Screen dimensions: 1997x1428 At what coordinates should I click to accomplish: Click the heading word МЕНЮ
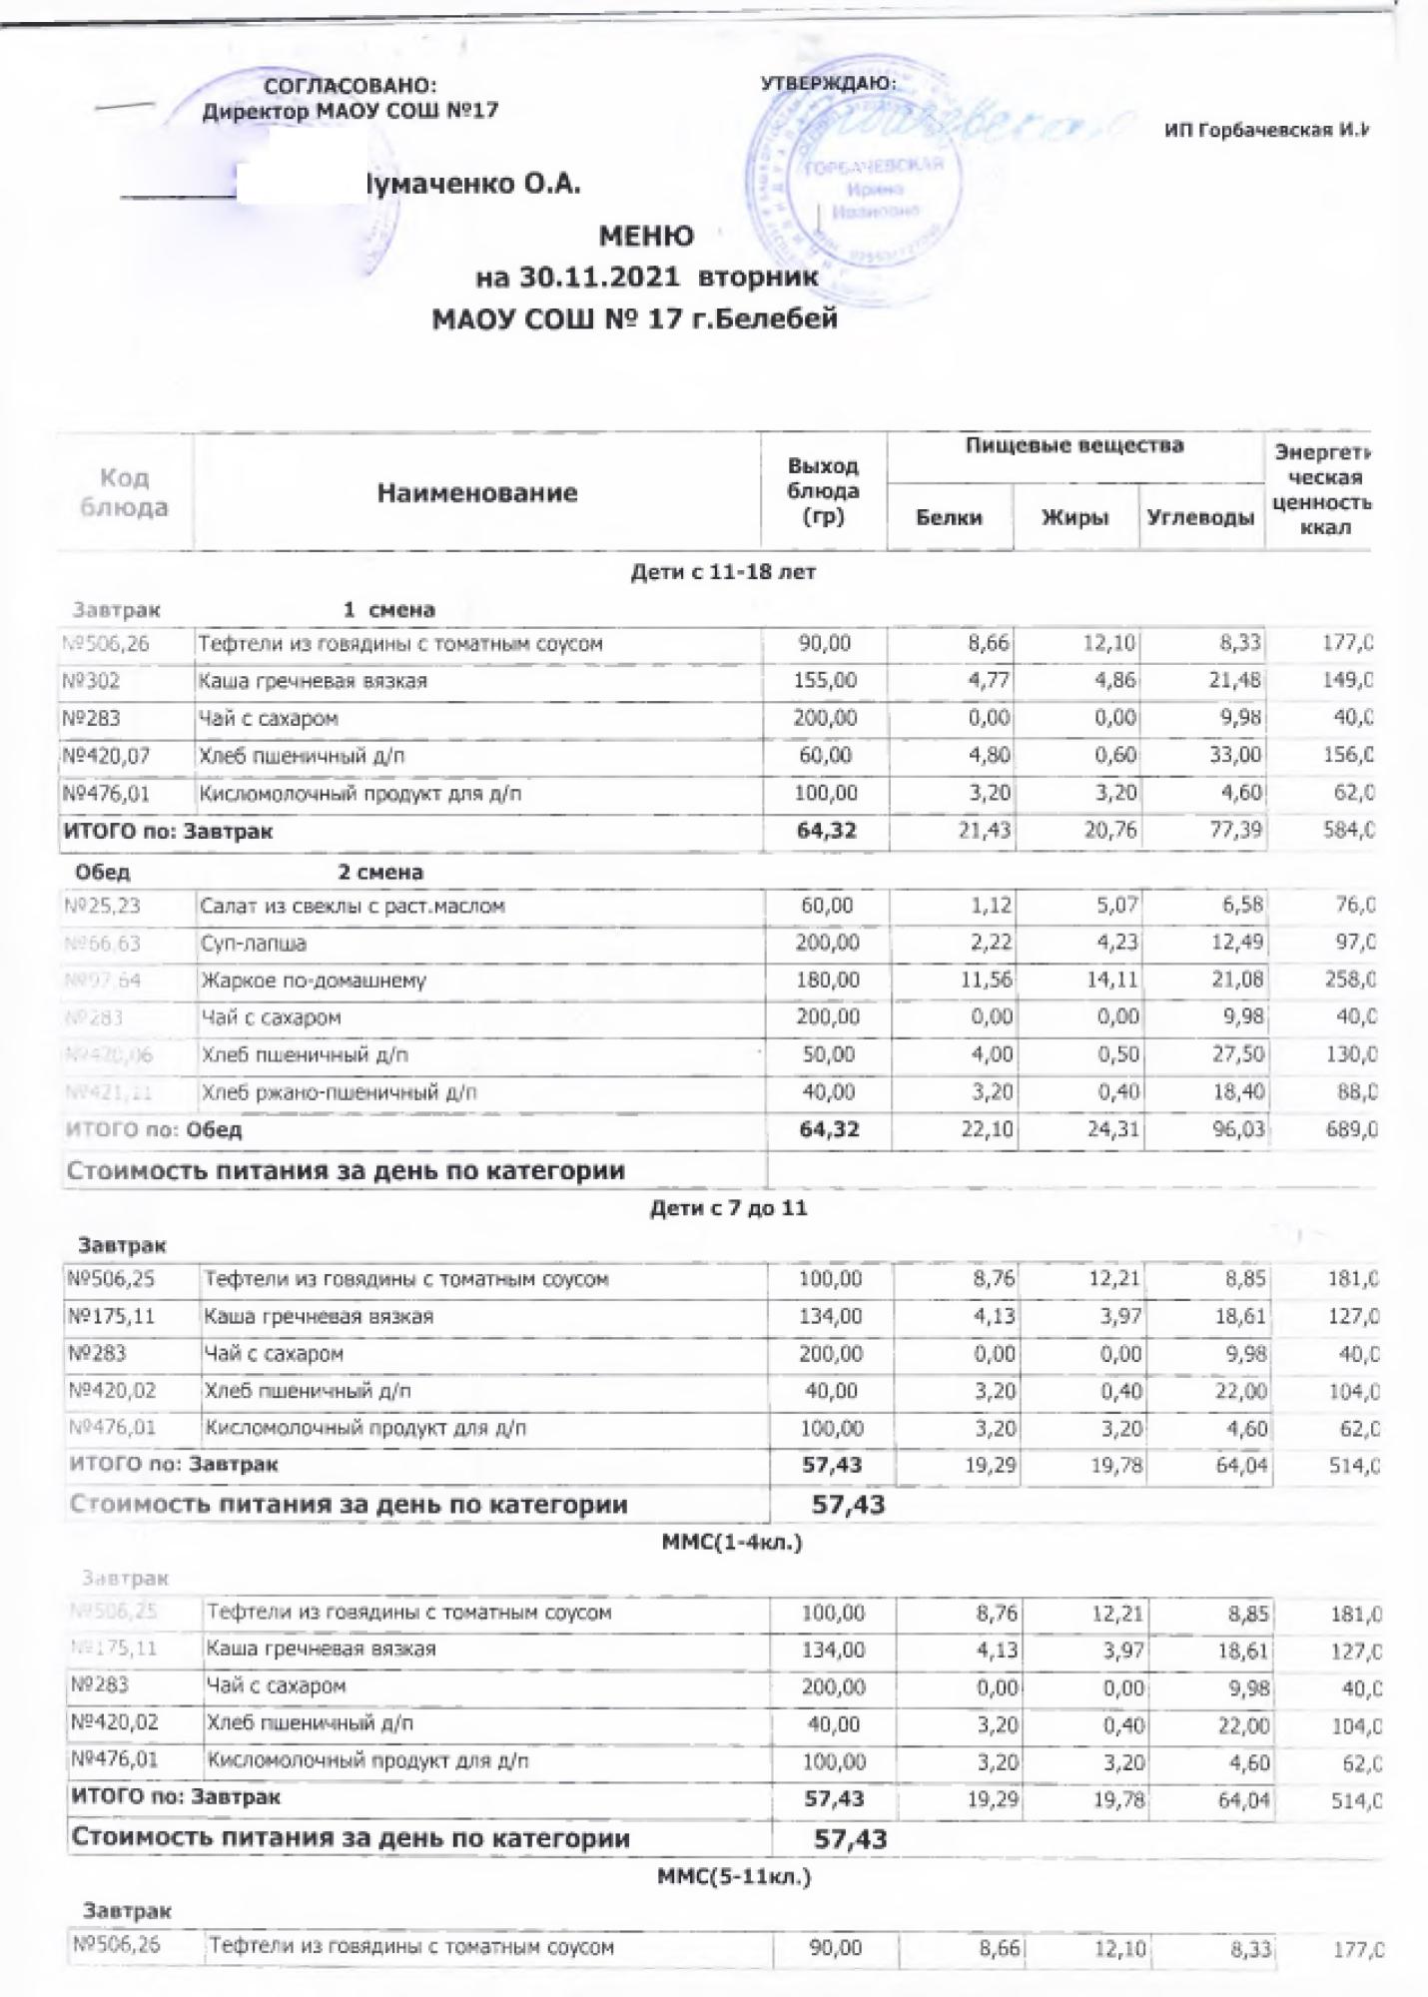tap(646, 237)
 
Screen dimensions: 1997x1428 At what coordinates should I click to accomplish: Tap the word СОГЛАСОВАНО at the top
tap(350, 87)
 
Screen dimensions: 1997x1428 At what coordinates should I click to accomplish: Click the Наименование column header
tap(476, 492)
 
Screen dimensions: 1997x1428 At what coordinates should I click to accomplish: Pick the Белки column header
tap(949, 517)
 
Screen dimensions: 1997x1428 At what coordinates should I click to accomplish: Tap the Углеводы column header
tap(1200, 517)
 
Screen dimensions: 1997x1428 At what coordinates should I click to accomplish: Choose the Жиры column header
tap(1074, 517)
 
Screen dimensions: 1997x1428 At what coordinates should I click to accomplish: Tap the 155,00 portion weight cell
tap(825, 681)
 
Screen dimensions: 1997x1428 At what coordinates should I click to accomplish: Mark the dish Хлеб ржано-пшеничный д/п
tap(340, 1092)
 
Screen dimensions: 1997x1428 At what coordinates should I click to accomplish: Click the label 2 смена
tap(380, 872)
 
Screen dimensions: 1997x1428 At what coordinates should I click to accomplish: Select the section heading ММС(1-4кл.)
tap(731, 1543)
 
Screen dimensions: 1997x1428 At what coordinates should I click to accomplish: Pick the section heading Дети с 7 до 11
tap(728, 1209)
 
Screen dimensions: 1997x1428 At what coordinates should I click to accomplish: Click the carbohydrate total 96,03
tap(1234, 1130)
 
